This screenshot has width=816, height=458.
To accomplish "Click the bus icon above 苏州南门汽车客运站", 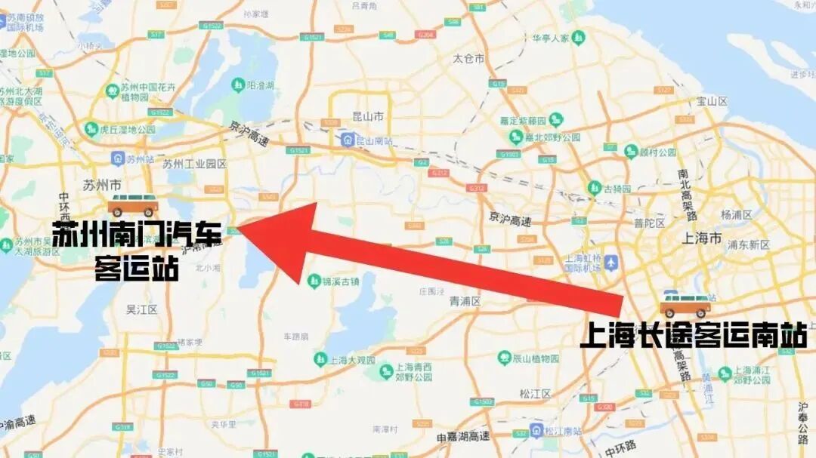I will (133, 204).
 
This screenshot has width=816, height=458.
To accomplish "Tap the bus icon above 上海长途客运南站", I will (685, 304).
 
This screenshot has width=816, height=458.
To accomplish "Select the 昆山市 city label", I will (368, 116).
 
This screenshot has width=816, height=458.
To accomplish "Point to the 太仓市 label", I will (468, 58).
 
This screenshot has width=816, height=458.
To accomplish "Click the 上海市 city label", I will (702, 238).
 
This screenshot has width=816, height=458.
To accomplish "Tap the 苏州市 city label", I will (101, 183).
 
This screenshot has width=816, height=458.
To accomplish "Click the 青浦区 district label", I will (465, 301).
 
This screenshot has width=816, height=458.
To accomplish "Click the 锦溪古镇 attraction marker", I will (314, 281).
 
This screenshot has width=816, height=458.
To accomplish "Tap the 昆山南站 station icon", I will (348, 140).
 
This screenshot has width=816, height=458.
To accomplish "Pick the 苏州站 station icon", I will (118, 158).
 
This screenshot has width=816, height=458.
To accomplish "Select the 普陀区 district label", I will (649, 223).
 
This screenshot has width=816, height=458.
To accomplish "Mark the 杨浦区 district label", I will (736, 214).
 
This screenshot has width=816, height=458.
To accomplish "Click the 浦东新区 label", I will (747, 244).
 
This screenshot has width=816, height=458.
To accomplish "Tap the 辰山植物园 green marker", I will (504, 358).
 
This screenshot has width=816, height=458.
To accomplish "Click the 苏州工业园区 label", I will (194, 164).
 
